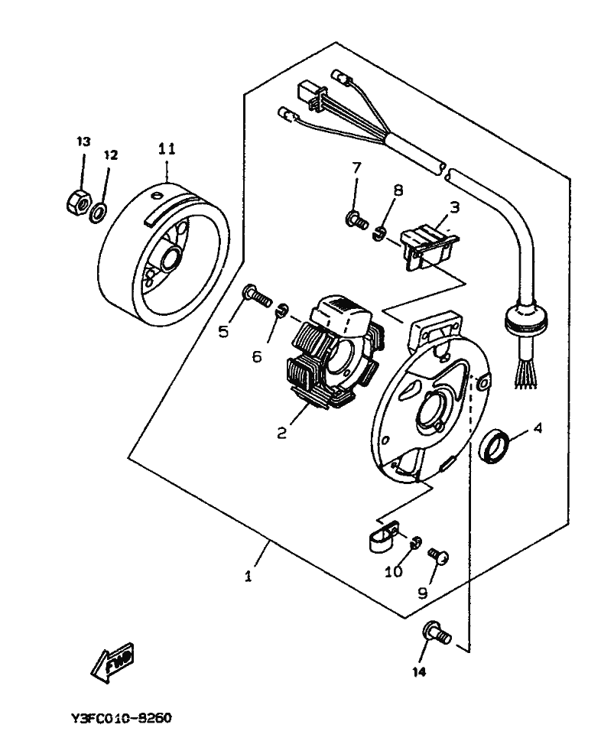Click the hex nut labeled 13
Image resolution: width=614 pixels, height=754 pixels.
pos(78,201)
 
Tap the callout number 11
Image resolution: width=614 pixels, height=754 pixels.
pos(167,149)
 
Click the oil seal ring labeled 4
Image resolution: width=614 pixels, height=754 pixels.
pos(494,447)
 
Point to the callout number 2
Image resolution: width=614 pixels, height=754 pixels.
pos(281,433)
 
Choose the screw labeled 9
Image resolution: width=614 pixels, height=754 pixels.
pos(438,555)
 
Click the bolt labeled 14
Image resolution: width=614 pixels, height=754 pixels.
pos(436,633)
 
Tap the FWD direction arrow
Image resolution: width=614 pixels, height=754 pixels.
pos(113,661)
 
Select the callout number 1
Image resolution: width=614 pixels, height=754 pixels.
pos(248,576)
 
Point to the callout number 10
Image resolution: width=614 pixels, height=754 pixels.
pos(393,572)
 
